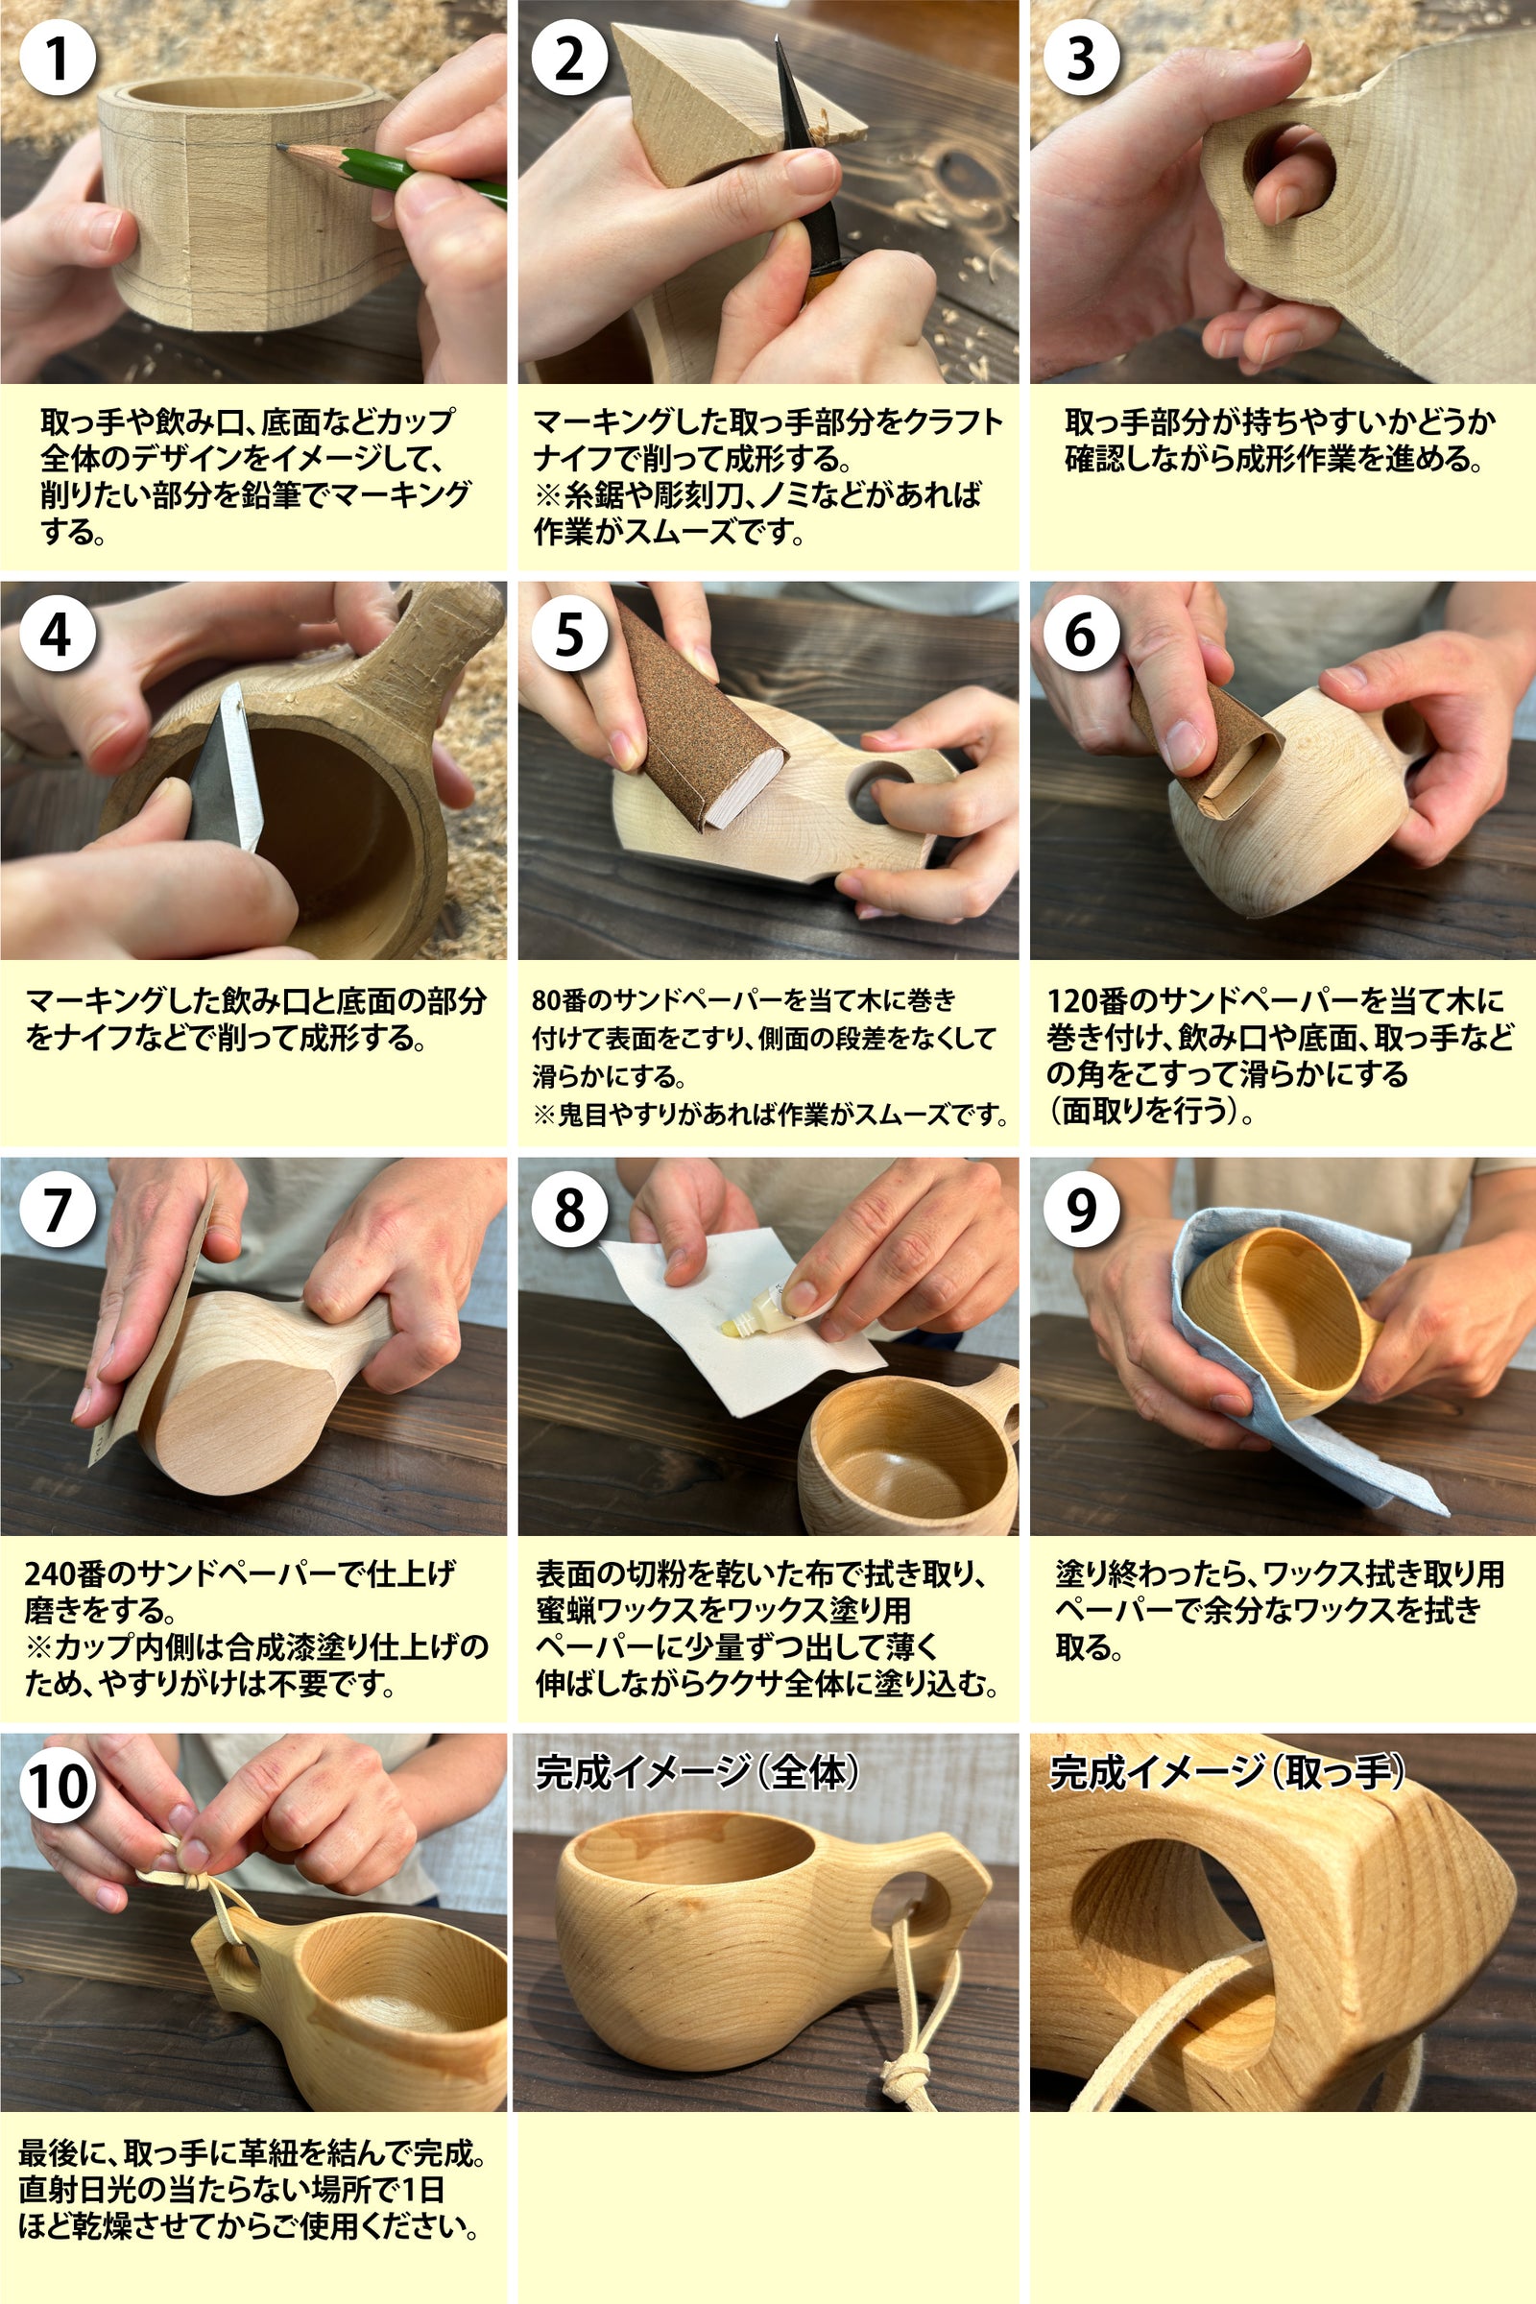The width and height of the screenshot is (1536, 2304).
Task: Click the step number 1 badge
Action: coord(58,58)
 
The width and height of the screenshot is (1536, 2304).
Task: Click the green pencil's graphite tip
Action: coord(280,147)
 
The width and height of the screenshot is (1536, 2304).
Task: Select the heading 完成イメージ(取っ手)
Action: coord(1227,1771)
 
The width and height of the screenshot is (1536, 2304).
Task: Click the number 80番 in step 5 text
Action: coord(559,1000)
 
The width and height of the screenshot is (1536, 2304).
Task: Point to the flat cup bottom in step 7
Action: coord(235,1426)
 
